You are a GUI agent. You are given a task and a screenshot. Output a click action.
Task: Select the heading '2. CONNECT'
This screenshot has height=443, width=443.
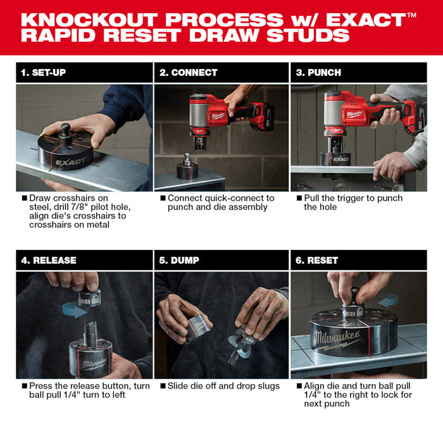click(x=188, y=72)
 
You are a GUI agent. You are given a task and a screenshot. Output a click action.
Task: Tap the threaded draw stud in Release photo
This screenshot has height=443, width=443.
click(x=89, y=330)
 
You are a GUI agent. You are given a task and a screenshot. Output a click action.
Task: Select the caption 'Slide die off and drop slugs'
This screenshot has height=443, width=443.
click(x=219, y=386)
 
